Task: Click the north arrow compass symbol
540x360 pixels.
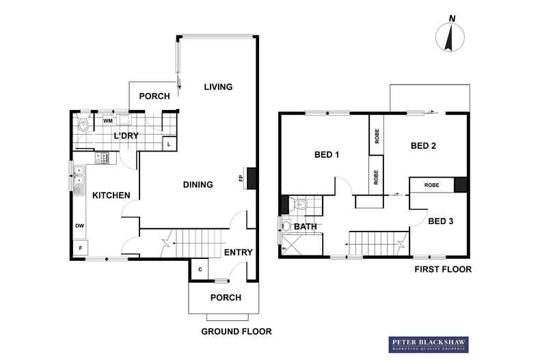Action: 450,36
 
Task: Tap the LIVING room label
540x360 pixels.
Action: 219,87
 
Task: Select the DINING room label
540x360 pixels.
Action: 198,184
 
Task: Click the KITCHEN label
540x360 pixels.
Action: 111,195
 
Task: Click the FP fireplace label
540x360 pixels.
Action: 241,179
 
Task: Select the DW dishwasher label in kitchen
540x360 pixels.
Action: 80,225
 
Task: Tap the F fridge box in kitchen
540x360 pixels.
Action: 81,247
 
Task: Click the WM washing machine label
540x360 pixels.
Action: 108,121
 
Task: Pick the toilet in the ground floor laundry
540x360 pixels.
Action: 83,124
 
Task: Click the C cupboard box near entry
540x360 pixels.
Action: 199,269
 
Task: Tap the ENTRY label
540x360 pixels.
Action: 239,252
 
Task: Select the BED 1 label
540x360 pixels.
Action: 327,154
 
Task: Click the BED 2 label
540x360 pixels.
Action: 424,146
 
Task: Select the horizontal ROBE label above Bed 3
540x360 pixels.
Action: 431,185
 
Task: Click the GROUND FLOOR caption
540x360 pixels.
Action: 237,331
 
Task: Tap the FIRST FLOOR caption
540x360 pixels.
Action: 444,269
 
